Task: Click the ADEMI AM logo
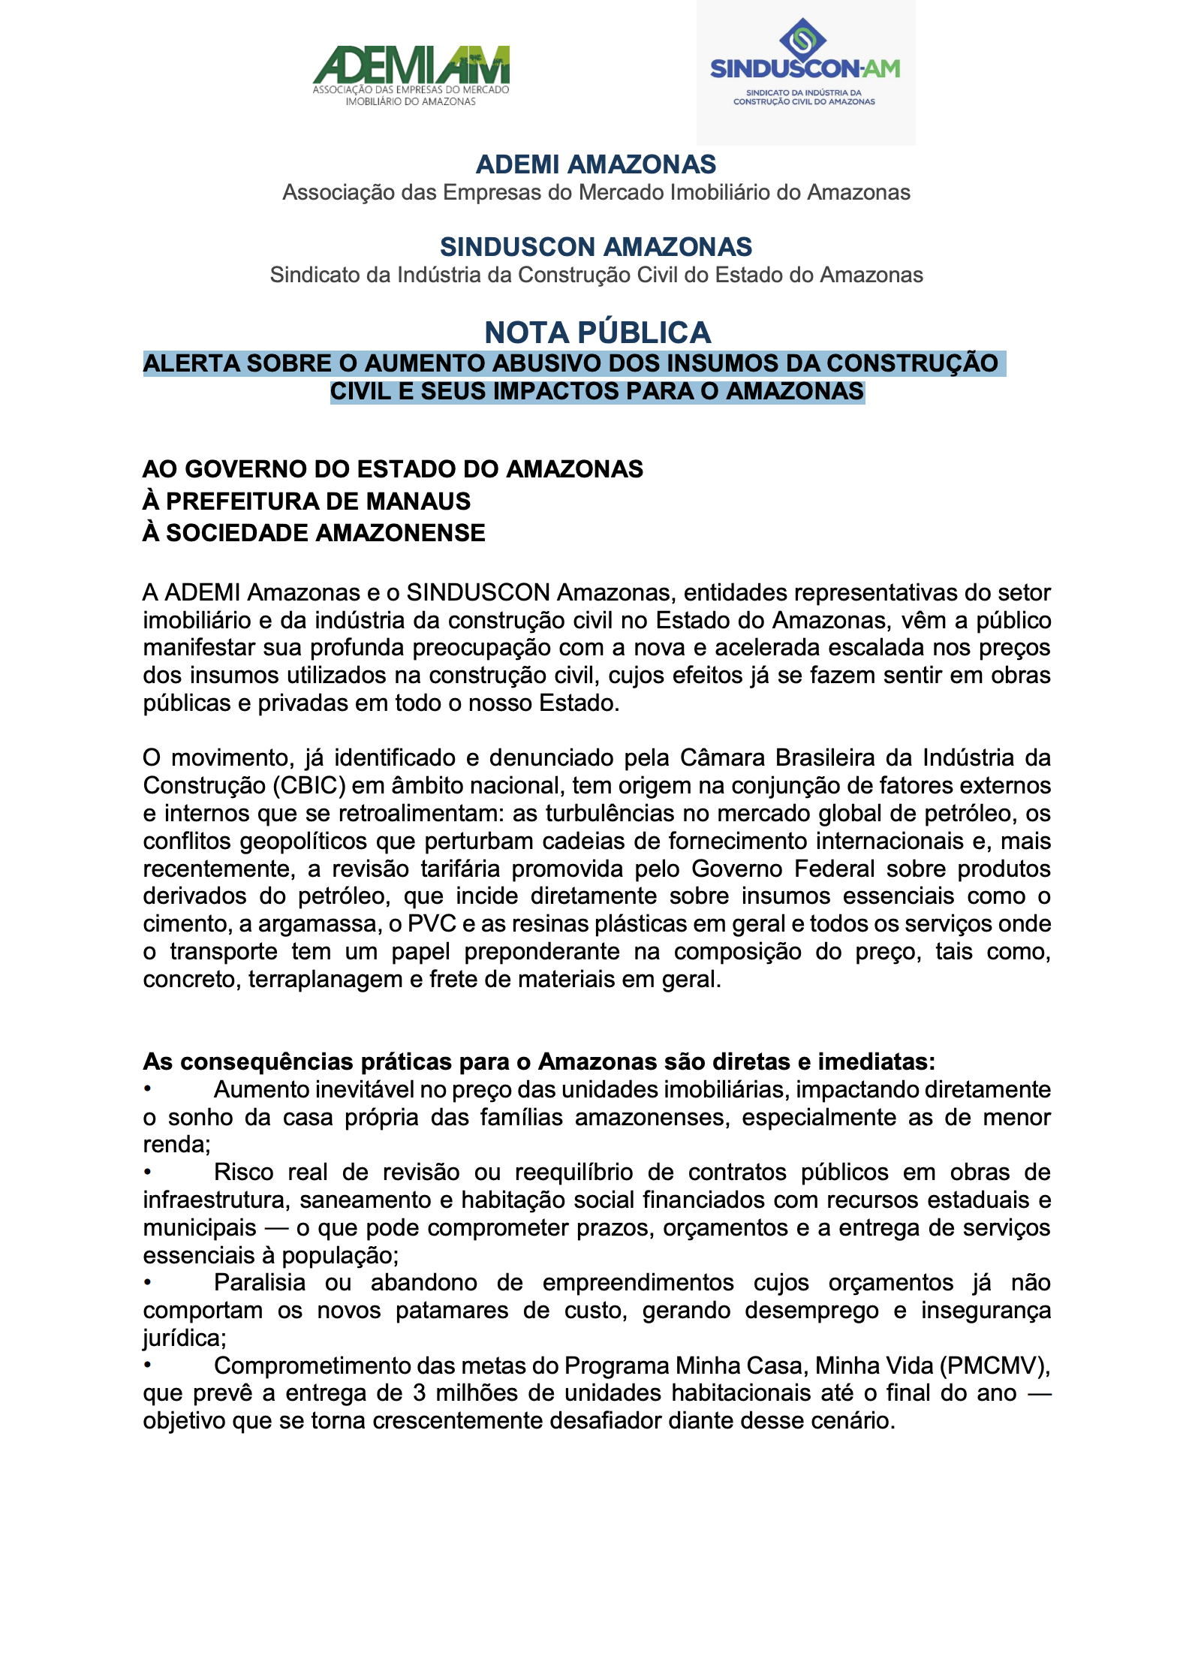(x=411, y=75)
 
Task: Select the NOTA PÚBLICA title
(x=598, y=333)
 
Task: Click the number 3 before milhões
(x=420, y=1393)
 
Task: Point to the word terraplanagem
(x=325, y=980)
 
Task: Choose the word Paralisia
(x=260, y=1283)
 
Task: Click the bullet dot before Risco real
(x=149, y=1172)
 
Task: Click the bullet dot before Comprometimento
(x=149, y=1365)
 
